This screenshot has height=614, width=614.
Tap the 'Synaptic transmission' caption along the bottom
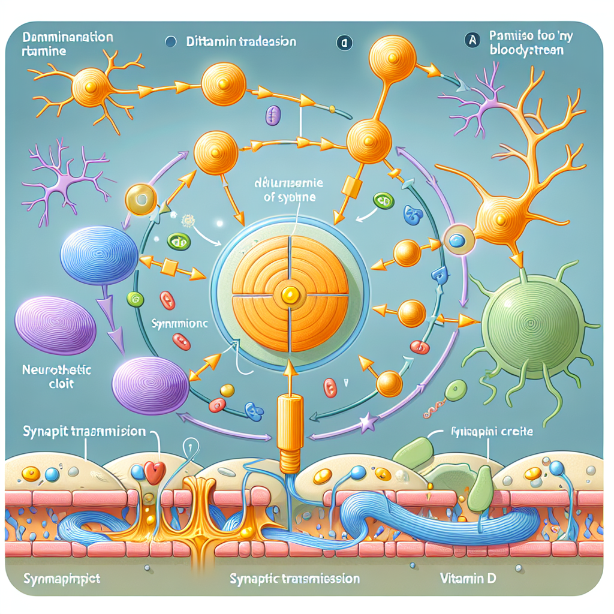pyautogui.click(x=294, y=579)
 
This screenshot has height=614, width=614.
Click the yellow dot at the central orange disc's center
pyautogui.click(x=290, y=293)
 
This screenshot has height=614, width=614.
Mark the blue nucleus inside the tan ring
pyautogui.click(x=457, y=240)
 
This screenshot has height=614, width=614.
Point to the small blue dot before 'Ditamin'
pyautogui.click(x=170, y=43)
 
